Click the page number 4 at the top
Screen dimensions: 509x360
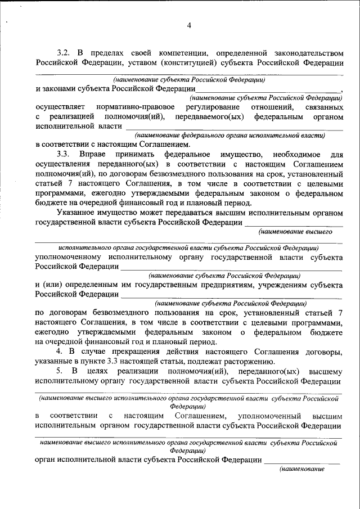click(x=189, y=25)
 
